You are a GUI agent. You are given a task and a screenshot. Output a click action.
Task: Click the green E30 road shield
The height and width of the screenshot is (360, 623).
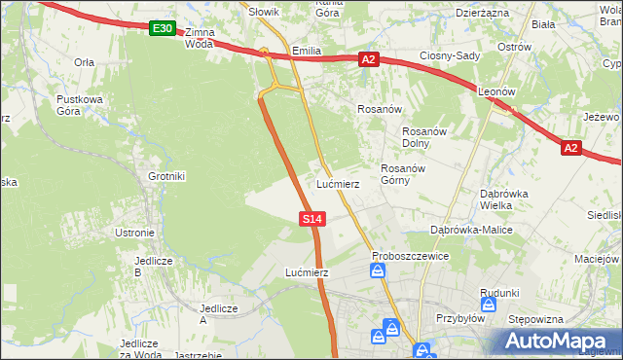point(163,29)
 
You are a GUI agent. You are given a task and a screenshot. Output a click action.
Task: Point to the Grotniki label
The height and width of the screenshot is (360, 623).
point(166,176)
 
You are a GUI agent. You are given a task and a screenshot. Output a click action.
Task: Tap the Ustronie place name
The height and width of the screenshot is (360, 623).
point(135,233)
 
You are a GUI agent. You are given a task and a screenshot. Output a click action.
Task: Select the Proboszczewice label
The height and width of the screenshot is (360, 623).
point(410,256)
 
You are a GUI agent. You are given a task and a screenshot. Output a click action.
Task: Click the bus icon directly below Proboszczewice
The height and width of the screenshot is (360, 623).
point(378,271)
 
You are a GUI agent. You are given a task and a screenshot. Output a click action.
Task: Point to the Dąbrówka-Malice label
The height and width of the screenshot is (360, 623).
point(471,230)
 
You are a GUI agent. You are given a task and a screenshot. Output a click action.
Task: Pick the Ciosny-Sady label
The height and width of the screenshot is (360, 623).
point(450,55)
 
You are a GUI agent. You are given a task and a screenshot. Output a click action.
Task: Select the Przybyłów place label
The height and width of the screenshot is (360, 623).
point(460,317)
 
